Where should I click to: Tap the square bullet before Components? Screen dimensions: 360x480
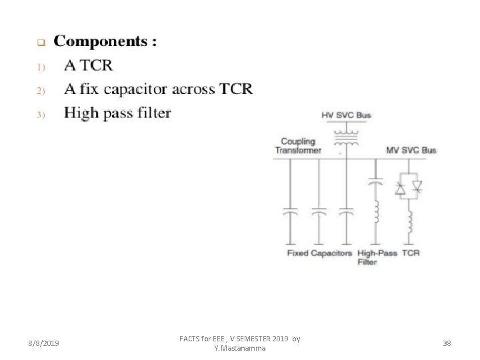(x=40, y=43)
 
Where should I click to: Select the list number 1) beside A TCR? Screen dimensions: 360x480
(x=40, y=67)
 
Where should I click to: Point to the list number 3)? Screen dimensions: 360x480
(x=40, y=115)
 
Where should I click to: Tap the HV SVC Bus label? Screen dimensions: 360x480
(x=346, y=115)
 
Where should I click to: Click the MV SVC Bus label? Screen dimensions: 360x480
(x=411, y=150)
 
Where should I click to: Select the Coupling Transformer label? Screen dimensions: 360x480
(x=298, y=146)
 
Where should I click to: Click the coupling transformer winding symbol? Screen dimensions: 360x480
(x=346, y=137)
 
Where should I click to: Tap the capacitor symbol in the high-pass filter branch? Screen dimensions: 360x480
(x=375, y=181)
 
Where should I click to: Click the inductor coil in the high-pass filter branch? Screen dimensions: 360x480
(x=375, y=212)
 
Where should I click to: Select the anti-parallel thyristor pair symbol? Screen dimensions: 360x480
(x=409, y=189)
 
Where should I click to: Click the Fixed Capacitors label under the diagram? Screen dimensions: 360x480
(x=319, y=253)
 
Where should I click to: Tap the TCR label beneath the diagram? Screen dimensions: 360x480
(x=411, y=253)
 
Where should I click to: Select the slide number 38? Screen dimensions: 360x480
(x=447, y=343)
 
